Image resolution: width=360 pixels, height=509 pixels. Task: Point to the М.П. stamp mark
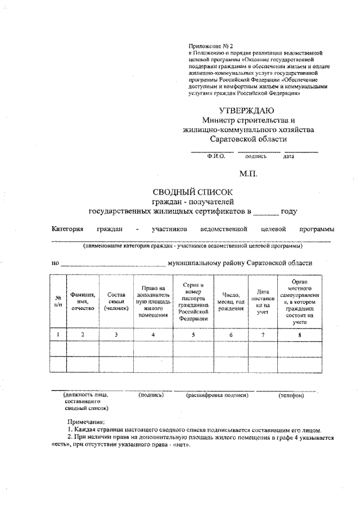(x=247, y=174)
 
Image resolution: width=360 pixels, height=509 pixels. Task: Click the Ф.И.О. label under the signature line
(x=216, y=157)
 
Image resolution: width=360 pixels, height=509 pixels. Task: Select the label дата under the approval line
(x=289, y=157)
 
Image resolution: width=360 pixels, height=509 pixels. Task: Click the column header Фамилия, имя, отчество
(x=83, y=300)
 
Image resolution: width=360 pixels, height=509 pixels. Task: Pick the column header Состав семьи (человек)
(x=116, y=300)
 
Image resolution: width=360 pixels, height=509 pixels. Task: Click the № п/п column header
(x=58, y=300)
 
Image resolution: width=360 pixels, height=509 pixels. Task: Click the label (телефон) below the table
(x=291, y=395)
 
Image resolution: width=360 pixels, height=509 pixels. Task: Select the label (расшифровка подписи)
(x=217, y=395)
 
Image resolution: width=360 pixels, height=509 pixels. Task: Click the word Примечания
(x=86, y=421)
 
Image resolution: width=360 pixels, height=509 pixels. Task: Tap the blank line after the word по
(x=112, y=264)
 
